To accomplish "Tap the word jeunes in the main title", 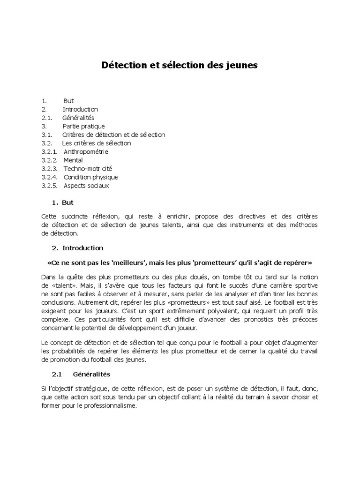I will [x=241, y=66].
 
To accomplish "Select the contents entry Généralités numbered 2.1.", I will [x=78, y=118].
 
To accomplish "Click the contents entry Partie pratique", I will [x=83, y=127].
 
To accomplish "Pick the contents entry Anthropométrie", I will [x=86, y=152].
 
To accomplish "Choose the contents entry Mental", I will [x=73, y=160].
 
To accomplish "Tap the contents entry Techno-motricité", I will [x=88, y=169].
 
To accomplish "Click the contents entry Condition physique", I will [x=90, y=177].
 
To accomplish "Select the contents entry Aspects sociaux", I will [x=86, y=186].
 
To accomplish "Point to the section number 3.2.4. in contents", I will [x=49, y=177].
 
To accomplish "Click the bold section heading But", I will [x=67, y=203].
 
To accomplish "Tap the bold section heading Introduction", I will [x=82, y=248].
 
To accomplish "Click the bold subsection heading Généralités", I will [x=91, y=375].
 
